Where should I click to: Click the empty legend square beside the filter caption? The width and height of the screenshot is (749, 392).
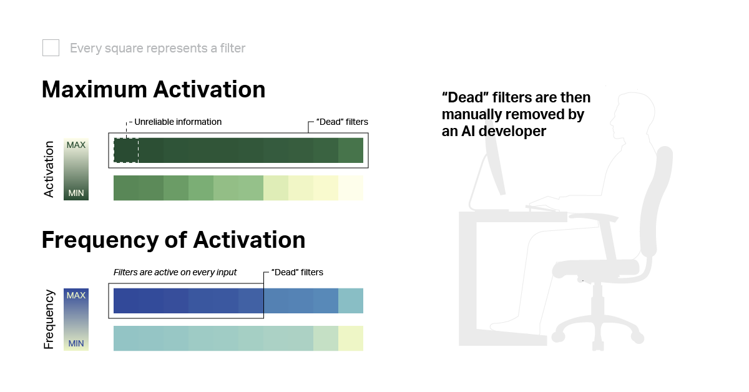tap(51, 48)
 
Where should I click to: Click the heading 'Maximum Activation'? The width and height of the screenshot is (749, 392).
tap(154, 90)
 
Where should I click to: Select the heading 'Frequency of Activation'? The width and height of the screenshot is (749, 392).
tap(174, 240)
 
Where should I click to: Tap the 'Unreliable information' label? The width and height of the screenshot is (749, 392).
tap(178, 122)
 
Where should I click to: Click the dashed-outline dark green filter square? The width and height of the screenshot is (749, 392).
tap(126, 150)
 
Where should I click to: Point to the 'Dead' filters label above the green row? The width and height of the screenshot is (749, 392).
tap(342, 122)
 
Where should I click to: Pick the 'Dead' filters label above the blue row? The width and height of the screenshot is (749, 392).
tap(297, 272)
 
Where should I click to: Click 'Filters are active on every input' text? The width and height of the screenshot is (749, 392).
tap(175, 272)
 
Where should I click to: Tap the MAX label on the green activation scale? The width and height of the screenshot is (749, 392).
tap(76, 145)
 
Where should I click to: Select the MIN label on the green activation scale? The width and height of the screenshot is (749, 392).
tap(76, 193)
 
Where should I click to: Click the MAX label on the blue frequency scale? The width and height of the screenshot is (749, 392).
tap(76, 295)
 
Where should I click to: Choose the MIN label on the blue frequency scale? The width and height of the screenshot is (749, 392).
tap(76, 343)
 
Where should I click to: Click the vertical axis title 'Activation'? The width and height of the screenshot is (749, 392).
tap(49, 169)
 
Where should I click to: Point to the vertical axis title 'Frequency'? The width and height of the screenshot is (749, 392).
tap(49, 320)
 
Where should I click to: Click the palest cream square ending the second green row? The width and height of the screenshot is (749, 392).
tap(351, 188)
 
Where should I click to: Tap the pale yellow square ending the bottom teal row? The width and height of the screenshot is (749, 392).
tap(351, 338)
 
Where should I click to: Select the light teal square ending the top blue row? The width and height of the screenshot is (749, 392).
tap(351, 301)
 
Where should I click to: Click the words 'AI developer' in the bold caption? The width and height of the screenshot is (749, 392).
tap(504, 131)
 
